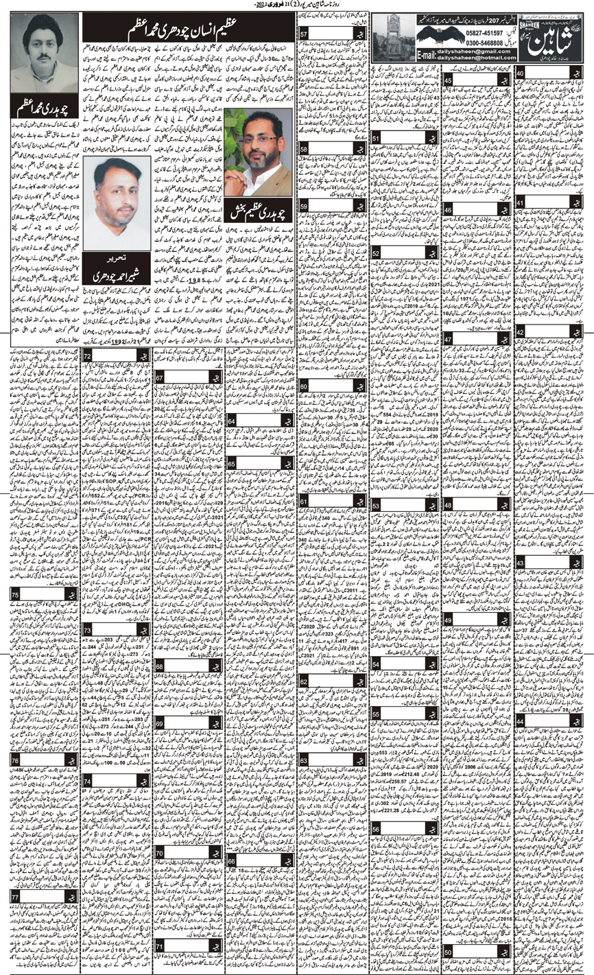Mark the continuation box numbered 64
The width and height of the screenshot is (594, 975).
232,421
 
